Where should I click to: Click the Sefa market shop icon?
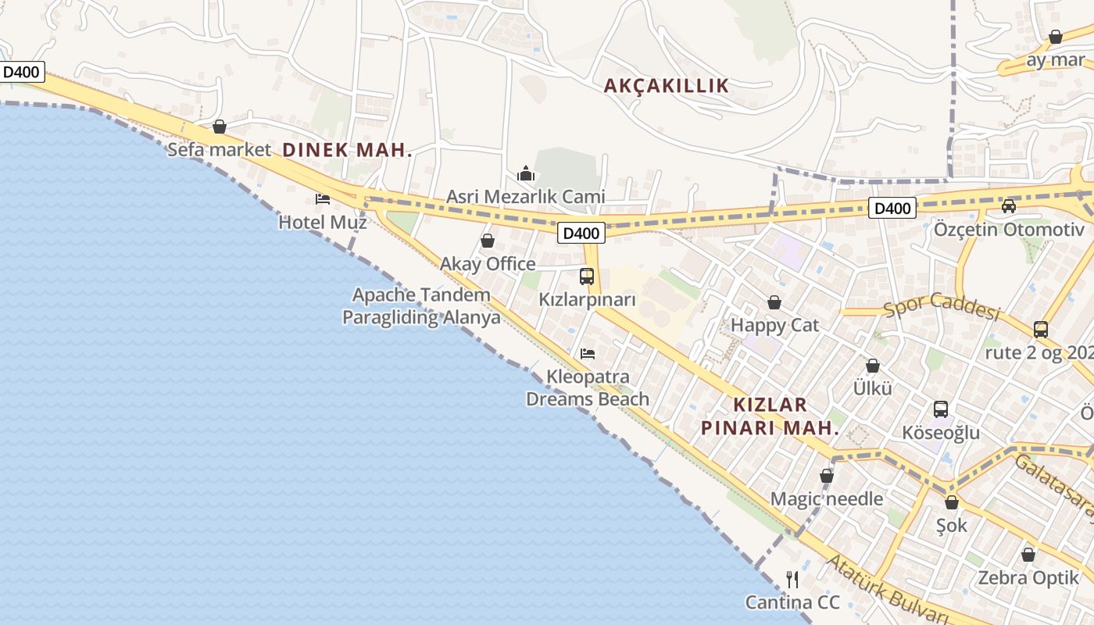(x=220, y=127)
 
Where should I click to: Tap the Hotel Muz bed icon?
(x=323, y=199)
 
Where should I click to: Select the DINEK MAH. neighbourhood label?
(x=347, y=150)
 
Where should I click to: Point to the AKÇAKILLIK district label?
(x=666, y=86)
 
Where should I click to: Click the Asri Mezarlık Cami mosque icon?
(x=526, y=173)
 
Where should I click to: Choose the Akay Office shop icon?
(x=488, y=241)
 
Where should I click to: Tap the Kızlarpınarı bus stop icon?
(x=587, y=276)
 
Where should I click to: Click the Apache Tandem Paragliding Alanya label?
(x=421, y=306)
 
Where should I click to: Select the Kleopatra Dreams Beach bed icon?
(x=588, y=354)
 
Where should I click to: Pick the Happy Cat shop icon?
(x=774, y=302)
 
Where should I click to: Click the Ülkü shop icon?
(x=873, y=366)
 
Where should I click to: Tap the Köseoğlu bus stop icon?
(x=941, y=409)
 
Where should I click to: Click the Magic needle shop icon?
(x=827, y=476)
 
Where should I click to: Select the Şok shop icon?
(x=952, y=502)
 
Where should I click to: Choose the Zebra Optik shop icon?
(x=1028, y=555)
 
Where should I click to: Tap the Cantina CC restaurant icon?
(x=792, y=580)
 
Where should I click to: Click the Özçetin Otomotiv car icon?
(x=1009, y=206)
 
